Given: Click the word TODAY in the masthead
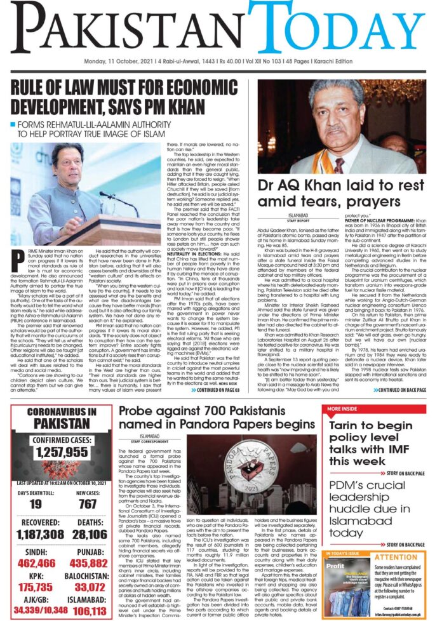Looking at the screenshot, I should pyautogui.click(x=337, y=29).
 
